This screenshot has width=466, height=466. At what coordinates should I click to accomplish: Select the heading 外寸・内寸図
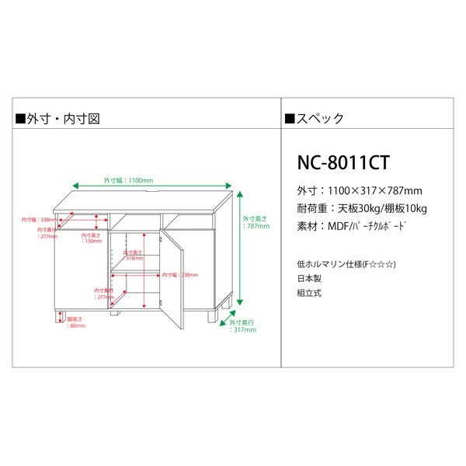(57, 120)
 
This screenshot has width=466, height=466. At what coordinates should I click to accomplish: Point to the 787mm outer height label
(256, 223)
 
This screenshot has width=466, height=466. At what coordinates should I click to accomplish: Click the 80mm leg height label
(75, 322)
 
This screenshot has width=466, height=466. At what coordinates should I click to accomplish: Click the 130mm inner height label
(92, 238)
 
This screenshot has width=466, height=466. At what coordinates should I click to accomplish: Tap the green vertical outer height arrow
(241, 249)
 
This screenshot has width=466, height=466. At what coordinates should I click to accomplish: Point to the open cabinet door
(172, 280)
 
